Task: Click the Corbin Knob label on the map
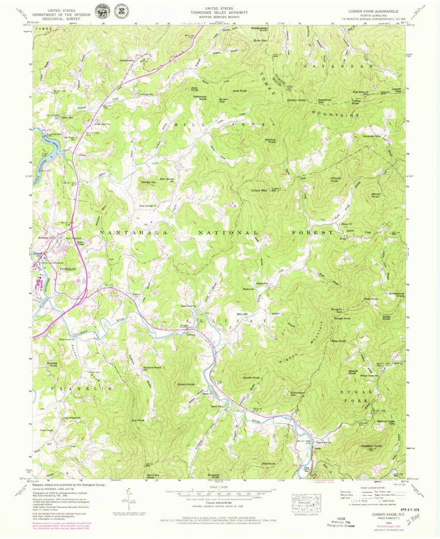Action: [296, 100]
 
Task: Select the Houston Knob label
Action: [371, 446]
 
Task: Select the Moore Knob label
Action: [375, 196]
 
